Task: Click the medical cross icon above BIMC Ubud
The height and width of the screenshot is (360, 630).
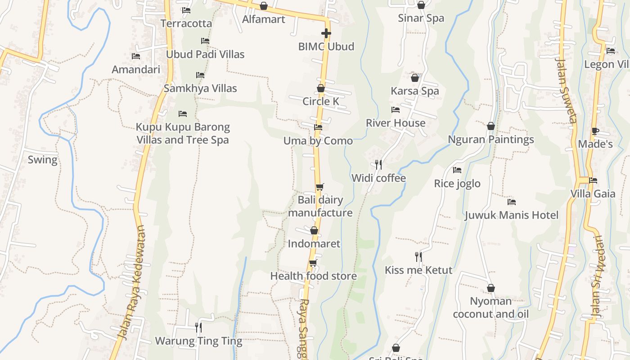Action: pos(326,33)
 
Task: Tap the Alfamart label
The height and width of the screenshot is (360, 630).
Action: pos(264,19)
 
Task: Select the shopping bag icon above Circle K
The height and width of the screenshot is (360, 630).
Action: pos(321,88)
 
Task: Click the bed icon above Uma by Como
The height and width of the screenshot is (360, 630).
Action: pos(318,127)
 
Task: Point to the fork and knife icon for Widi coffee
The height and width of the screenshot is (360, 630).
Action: pos(378,165)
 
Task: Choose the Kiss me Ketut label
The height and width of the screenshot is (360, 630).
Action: pos(418,270)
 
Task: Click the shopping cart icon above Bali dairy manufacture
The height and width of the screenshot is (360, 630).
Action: pos(319,187)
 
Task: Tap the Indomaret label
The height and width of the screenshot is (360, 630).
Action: pos(314,244)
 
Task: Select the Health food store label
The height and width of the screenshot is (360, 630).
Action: pos(313,276)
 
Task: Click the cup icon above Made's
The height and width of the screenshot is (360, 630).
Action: pos(595,131)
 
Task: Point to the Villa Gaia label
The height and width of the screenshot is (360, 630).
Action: pos(593,194)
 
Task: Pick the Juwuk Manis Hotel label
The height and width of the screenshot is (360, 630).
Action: pos(511,215)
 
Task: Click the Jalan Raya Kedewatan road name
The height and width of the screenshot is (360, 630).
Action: pos(132,283)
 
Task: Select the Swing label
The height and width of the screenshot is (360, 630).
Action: pos(43,160)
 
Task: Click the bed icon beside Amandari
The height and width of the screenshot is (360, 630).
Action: pos(136,56)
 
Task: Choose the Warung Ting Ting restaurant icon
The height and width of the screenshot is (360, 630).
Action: pos(198,327)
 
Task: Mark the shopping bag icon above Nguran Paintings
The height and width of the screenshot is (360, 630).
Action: pos(491,126)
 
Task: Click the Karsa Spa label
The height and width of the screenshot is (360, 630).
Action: pos(414,91)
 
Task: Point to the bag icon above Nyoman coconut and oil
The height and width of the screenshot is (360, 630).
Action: pos(491,288)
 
